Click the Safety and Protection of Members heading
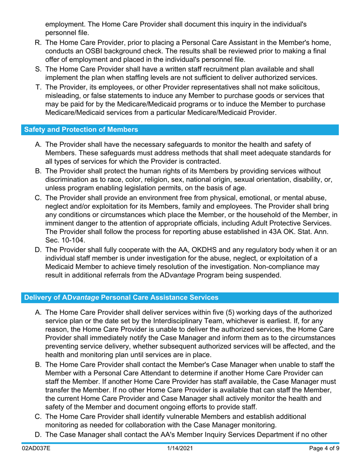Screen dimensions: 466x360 click(x=81, y=130)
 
